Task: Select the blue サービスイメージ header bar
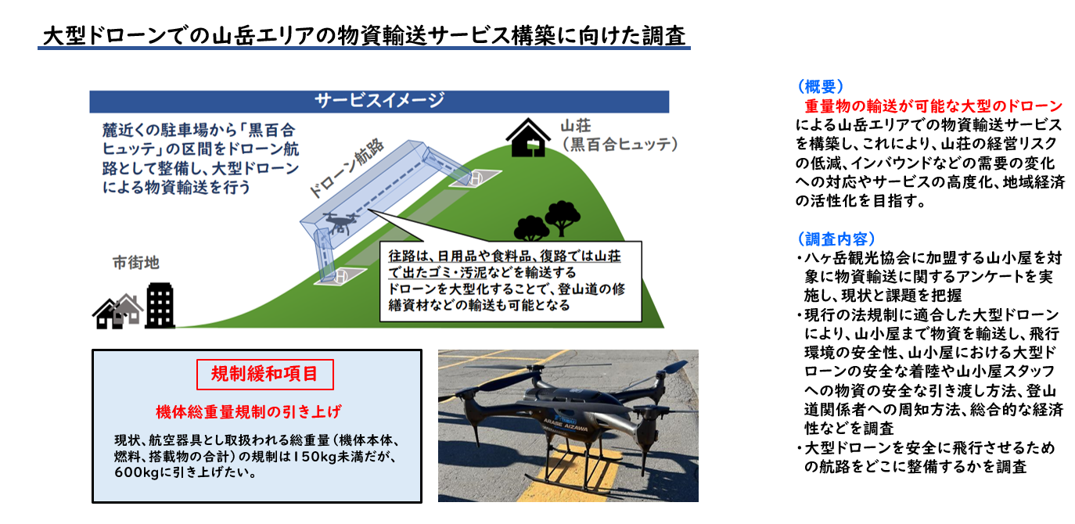click(379, 100)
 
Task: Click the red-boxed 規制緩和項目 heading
click(264, 374)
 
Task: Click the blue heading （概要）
click(820, 86)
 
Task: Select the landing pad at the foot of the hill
click(341, 275)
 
